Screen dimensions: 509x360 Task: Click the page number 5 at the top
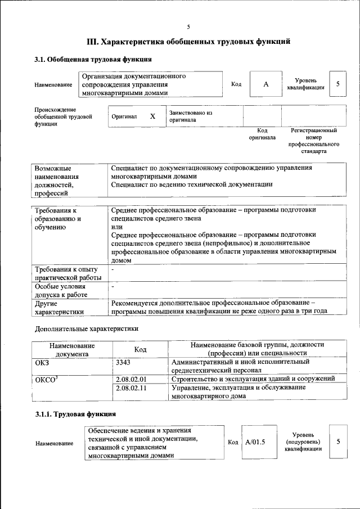[x=188, y=26]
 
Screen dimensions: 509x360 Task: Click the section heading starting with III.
[x=188, y=41]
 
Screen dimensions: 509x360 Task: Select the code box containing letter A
[x=266, y=84]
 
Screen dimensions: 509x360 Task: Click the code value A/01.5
[x=255, y=442]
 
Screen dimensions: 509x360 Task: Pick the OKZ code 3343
[x=123, y=362]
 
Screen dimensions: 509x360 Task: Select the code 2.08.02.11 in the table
[x=130, y=388]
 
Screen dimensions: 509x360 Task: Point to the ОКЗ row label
[x=42, y=362]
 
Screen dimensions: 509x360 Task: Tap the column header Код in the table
[x=141, y=349]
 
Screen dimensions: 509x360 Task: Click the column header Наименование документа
[x=71, y=349]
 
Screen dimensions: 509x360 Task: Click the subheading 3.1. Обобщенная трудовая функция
[x=92, y=59]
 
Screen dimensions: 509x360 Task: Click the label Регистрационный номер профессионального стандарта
[x=313, y=141]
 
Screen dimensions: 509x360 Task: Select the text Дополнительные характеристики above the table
[x=86, y=328]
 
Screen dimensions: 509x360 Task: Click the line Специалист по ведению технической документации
[x=192, y=184]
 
